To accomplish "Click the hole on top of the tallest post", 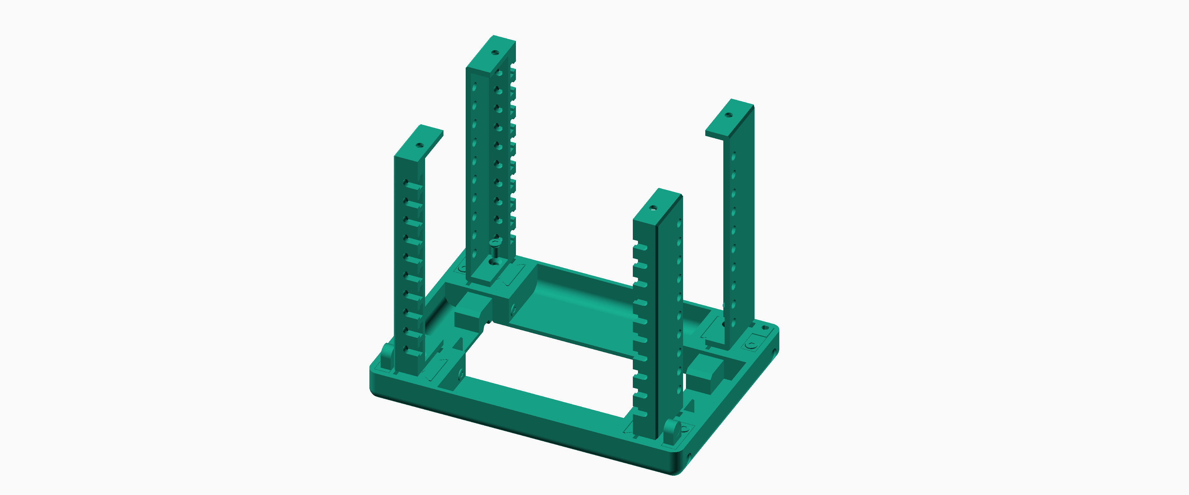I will [495, 52].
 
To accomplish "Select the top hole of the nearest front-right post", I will [653, 208].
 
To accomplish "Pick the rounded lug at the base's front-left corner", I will [387, 355].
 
